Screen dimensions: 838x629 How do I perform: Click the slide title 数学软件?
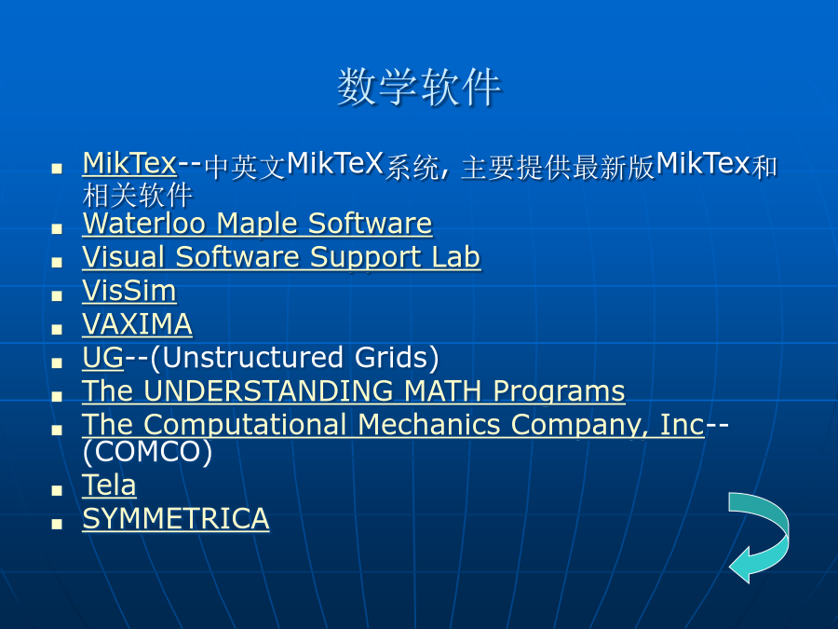[419, 87]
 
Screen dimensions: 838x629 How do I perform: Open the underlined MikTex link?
[129, 163]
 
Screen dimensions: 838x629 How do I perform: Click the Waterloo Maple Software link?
[257, 223]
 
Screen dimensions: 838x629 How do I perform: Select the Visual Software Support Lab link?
[281, 257]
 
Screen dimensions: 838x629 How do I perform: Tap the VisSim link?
[129, 291]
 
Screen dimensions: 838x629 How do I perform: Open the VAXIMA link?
[138, 324]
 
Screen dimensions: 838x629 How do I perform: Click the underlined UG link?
[103, 357]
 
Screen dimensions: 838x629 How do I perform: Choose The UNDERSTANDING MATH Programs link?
[353, 391]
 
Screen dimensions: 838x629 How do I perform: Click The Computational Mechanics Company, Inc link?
[393, 425]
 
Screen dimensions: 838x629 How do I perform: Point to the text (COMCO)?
[147, 451]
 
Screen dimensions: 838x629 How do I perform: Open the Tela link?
[109, 485]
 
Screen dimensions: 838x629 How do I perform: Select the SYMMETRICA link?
[176, 519]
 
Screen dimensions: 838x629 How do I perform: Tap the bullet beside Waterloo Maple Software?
[57, 229]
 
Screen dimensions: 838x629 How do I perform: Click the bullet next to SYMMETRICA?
[57, 524]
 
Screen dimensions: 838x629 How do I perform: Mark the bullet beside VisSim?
[57, 295]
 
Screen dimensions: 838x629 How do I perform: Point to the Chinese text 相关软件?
[138, 195]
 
